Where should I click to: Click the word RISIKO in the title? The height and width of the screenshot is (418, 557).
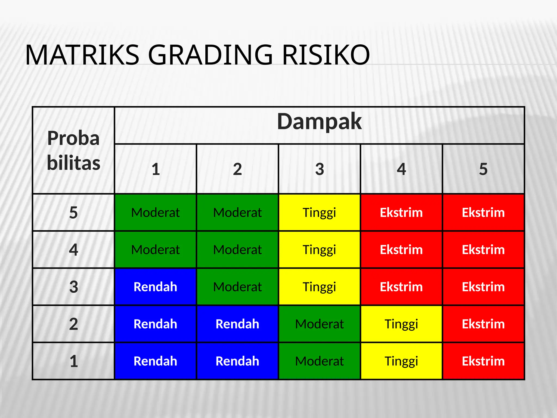(326, 55)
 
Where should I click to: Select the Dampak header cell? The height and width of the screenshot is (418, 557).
(319, 122)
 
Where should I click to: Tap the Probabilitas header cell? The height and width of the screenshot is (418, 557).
(73, 150)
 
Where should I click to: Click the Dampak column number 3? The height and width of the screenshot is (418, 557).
(320, 169)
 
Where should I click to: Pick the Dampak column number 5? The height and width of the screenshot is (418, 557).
(483, 169)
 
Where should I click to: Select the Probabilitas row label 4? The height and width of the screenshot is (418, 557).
(73, 250)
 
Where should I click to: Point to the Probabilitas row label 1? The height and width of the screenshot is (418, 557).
(73, 361)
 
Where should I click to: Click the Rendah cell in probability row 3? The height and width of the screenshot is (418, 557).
(155, 287)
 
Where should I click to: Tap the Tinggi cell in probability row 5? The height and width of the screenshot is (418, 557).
(320, 213)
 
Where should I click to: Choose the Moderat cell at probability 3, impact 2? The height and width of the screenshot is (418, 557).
(237, 287)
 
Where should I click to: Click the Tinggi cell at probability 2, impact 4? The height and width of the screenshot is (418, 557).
(401, 324)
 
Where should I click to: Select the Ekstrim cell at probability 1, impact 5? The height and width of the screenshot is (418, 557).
(483, 361)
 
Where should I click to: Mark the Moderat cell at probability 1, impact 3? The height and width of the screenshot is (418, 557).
(320, 361)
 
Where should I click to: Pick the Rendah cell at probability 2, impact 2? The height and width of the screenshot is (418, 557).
(237, 324)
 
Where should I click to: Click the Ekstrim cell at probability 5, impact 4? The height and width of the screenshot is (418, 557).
(401, 213)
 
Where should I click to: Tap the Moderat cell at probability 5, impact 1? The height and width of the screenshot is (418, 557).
(155, 213)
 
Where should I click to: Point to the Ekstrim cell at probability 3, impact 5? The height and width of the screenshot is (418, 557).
(483, 287)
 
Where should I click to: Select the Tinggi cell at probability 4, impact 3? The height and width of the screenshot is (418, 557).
(320, 250)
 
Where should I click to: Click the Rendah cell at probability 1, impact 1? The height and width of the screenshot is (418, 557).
(155, 361)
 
